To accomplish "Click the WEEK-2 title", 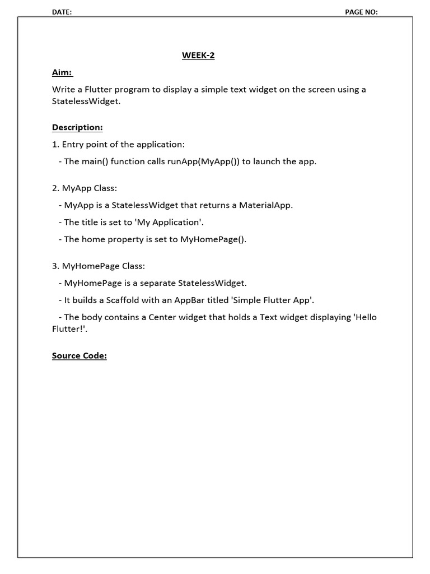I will click(x=198, y=55).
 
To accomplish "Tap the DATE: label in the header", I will click(x=62, y=12).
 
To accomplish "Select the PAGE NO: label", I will click(x=361, y=12).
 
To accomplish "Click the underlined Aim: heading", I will click(x=62, y=73).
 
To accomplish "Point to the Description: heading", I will click(x=77, y=127).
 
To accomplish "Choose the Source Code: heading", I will click(x=79, y=355).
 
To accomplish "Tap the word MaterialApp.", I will click(x=266, y=205).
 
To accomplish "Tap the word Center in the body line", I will click(x=162, y=317).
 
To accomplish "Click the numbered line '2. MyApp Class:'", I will click(x=85, y=188).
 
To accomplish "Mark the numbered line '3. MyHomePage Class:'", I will click(x=99, y=266).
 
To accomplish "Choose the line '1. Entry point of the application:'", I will click(x=118, y=144).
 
